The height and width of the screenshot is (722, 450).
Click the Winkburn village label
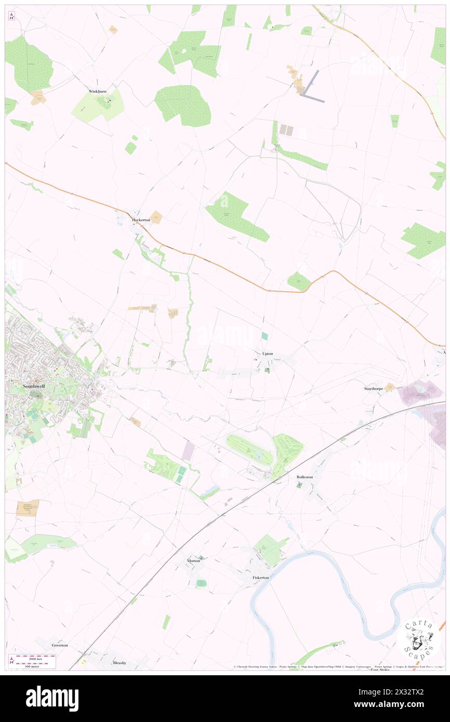98,91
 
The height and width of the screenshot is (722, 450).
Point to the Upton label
268,354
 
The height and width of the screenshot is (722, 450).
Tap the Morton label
193,561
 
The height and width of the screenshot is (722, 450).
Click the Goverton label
60,645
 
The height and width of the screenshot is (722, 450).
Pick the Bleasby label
120,663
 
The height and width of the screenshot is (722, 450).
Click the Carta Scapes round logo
419,639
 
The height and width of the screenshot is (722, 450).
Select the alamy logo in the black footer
52,699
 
